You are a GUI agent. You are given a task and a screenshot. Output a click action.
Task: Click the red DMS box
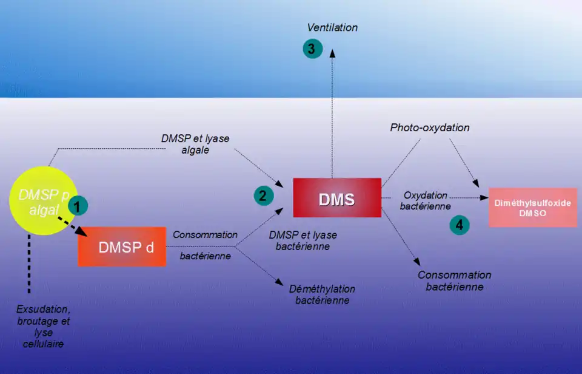(x=336, y=198)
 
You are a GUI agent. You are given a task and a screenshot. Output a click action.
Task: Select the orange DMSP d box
(x=122, y=247)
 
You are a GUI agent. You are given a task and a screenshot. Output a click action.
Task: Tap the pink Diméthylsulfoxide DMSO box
(x=533, y=208)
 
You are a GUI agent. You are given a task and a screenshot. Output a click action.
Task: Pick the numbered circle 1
(x=77, y=206)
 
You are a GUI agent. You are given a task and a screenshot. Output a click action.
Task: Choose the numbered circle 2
(x=263, y=195)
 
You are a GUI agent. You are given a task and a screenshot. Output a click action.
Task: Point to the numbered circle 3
(x=312, y=49)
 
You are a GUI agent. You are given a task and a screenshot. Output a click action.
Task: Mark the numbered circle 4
(x=460, y=225)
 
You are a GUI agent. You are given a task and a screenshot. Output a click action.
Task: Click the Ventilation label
(x=332, y=27)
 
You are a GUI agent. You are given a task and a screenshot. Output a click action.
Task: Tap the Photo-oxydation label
(x=430, y=127)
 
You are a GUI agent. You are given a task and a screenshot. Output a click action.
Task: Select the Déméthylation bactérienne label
(x=323, y=294)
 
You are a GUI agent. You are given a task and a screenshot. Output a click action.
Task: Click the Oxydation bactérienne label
(x=426, y=201)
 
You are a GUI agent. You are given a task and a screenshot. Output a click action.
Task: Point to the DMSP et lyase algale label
(x=195, y=144)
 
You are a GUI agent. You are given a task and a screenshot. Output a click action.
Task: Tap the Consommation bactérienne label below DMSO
(x=455, y=280)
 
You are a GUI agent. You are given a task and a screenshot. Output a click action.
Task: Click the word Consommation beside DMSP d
(x=205, y=234)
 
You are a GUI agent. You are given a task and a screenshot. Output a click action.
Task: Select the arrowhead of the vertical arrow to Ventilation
(x=332, y=52)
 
